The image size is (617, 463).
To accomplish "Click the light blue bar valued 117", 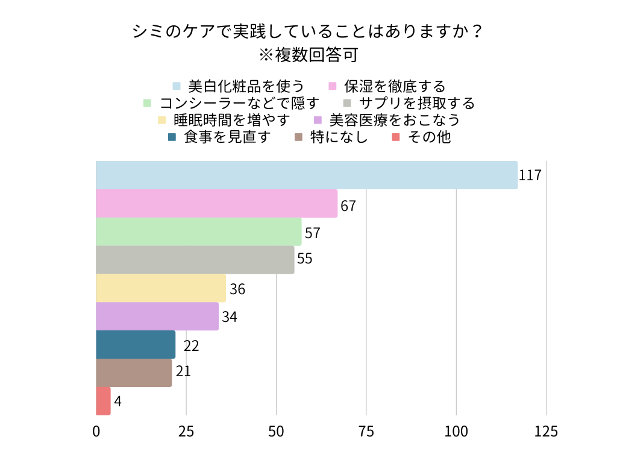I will [x=306, y=175].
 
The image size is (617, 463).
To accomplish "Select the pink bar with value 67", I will [x=216, y=204].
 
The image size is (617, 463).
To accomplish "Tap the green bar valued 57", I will [x=198, y=231].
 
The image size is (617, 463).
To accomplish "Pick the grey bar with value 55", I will [x=195, y=260].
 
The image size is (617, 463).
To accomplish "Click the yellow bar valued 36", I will [x=160, y=288].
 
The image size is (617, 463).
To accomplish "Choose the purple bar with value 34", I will [x=157, y=317].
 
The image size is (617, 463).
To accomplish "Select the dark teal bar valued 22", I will [x=136, y=345].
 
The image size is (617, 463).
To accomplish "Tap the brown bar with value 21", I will [x=134, y=373].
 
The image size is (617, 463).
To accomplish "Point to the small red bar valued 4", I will [x=103, y=401].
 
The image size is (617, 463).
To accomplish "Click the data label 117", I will [x=530, y=176].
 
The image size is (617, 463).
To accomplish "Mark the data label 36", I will [x=237, y=289].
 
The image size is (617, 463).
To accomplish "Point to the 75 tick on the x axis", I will [x=366, y=432].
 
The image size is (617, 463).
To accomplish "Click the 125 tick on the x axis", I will [x=546, y=432].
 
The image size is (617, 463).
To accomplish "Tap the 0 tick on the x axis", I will [x=96, y=432].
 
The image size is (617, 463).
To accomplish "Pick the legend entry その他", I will [x=428, y=137].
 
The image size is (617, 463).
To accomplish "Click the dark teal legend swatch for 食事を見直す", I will [x=172, y=137].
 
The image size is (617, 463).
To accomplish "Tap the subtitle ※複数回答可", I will [x=308, y=55].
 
